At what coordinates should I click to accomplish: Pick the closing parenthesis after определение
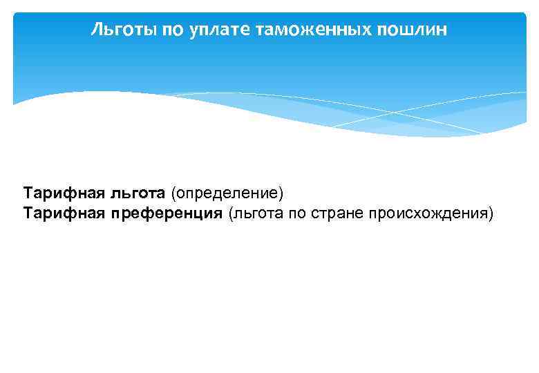[282, 191]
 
